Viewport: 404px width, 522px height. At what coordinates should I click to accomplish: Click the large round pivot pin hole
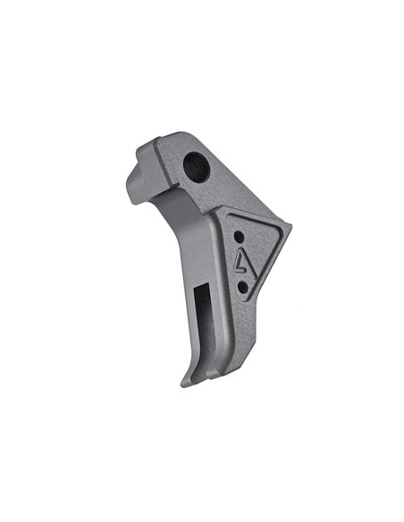[194, 165]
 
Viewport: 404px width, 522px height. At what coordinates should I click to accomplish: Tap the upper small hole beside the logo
[239, 238]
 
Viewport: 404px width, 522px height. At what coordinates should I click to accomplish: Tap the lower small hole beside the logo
[242, 286]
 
